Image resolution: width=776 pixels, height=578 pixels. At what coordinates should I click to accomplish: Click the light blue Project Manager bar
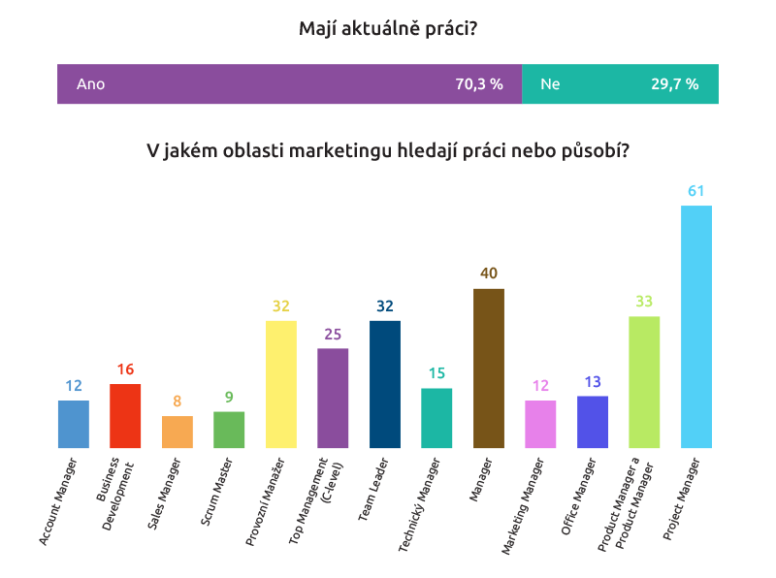696,327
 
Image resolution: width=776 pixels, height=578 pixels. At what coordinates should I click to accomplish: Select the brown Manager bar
489,369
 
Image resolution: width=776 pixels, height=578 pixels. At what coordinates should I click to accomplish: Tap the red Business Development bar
125,416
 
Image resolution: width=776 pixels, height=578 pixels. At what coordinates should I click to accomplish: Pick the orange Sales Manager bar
177,432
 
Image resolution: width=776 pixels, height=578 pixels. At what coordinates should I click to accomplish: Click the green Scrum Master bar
229,430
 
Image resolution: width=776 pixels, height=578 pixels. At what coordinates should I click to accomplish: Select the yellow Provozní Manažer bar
281,384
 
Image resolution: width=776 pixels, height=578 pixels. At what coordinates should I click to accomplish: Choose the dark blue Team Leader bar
385,384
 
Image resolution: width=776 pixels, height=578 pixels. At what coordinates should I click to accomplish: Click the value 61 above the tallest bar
696,191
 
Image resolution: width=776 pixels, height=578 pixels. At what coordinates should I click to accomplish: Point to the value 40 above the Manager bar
489,274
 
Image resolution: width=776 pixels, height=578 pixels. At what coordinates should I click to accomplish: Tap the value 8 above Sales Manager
177,401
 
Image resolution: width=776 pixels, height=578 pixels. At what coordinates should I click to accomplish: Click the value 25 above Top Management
333,335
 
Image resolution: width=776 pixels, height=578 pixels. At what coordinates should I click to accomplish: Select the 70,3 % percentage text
479,84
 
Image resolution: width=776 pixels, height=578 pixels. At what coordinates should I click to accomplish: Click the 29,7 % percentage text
674,84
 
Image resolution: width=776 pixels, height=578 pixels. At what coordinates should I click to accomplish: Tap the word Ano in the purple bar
90,84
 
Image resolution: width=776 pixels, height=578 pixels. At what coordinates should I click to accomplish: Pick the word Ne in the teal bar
550,84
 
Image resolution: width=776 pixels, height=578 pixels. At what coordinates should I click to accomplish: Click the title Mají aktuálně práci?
388,30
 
